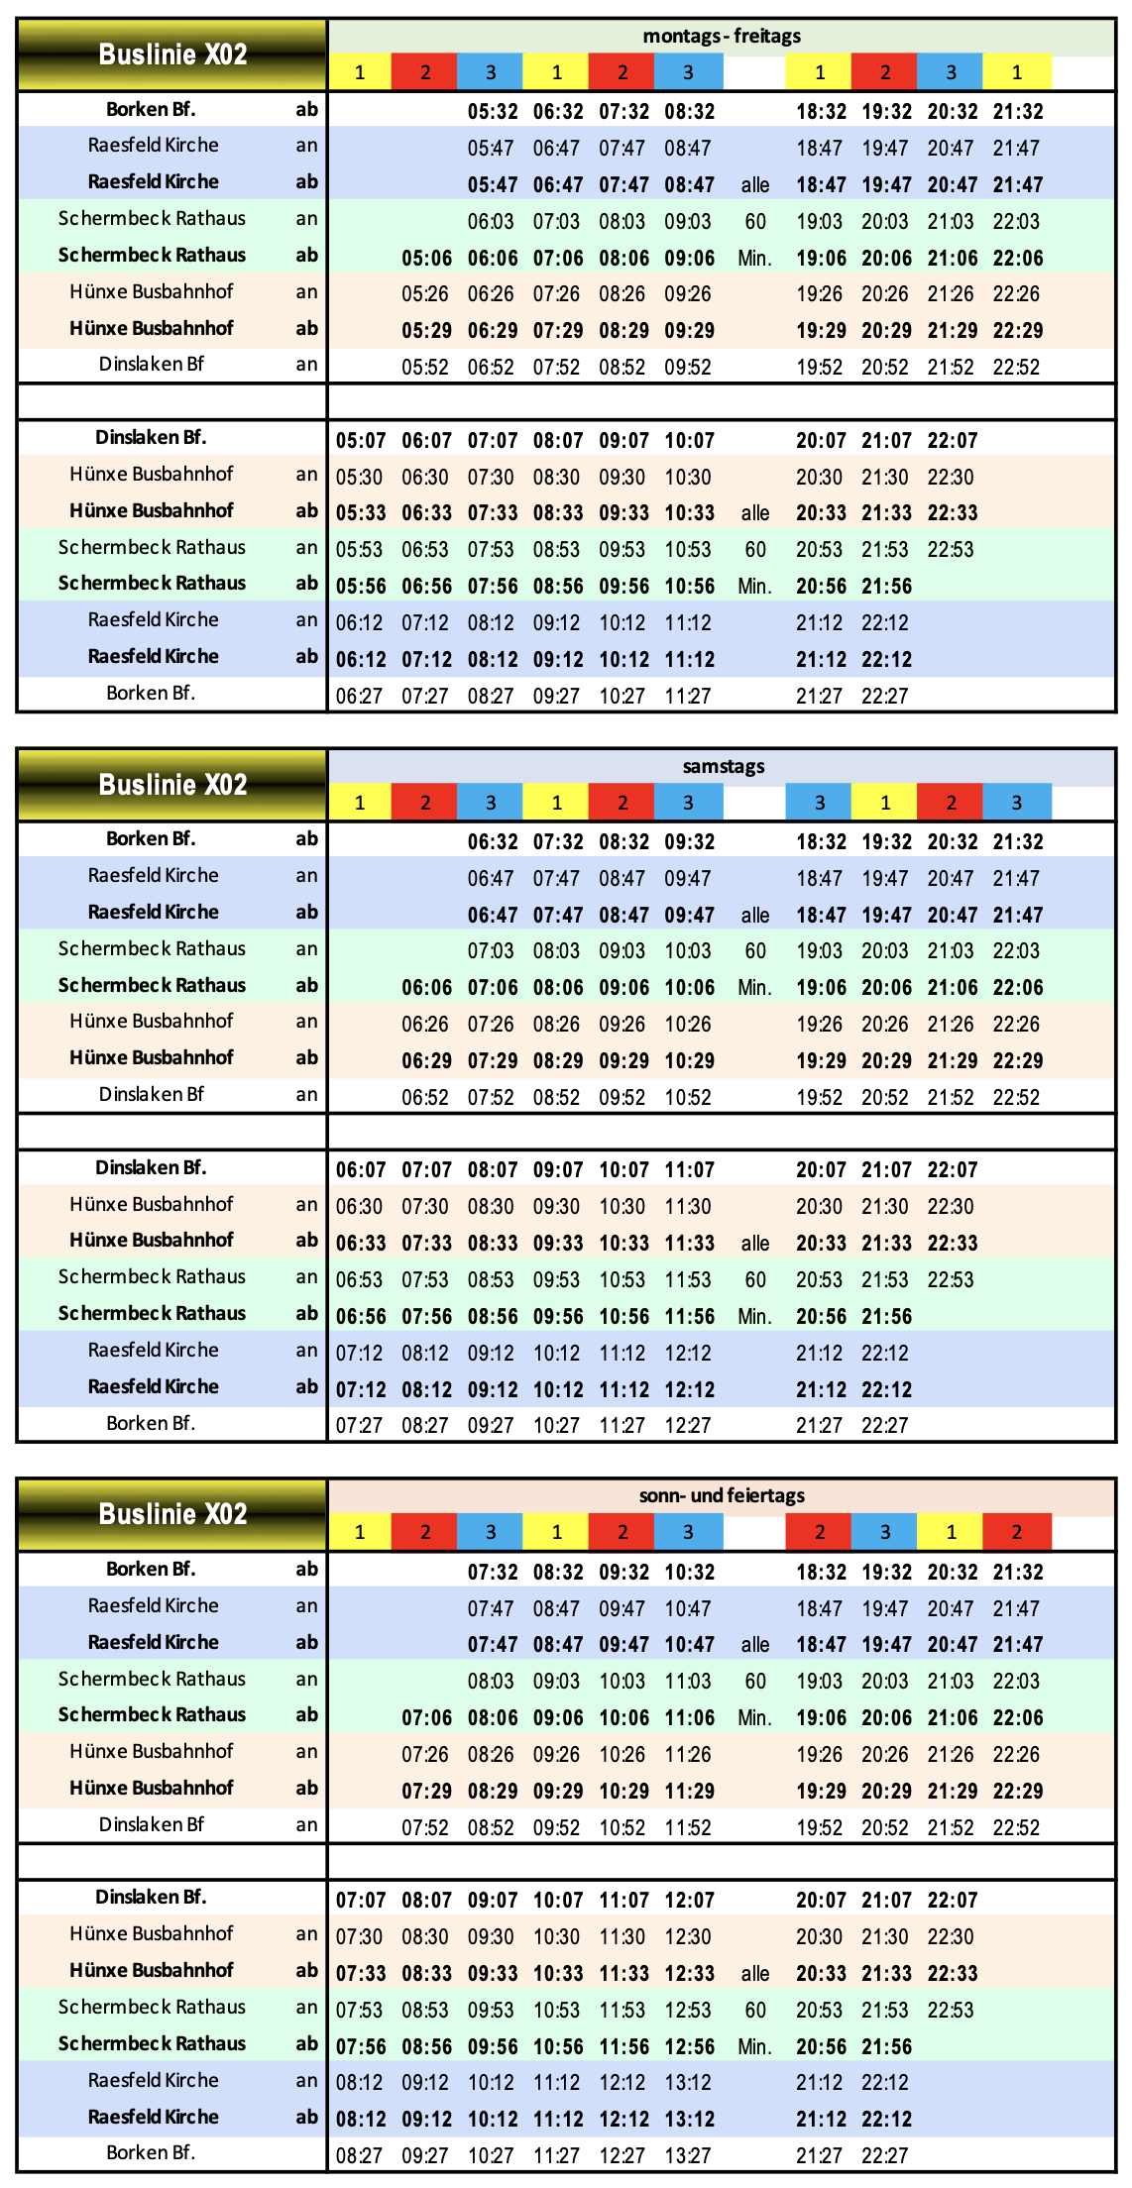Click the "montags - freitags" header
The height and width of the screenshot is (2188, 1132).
pos(722,37)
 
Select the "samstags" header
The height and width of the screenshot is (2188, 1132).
pos(723,766)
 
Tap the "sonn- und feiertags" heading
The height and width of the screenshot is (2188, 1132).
pos(722,1495)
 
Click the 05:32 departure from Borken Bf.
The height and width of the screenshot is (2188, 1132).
pos(493,112)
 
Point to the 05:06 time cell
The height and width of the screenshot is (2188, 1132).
pos(427,259)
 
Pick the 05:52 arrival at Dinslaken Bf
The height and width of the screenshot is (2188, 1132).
pos(425,368)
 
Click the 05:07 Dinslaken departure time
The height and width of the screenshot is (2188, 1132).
pos(361,441)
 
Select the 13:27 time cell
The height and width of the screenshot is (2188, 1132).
pos(688,2156)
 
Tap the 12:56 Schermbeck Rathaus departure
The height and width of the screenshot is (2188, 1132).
pos(689,2047)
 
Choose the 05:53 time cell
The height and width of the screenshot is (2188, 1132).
pos(359,550)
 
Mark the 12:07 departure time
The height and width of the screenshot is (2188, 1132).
pos(689,1901)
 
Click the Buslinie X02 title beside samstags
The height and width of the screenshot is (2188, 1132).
pos(172,785)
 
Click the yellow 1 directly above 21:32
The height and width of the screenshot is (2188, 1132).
pos(1016,72)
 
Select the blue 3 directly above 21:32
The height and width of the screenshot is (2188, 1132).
pos(1016,803)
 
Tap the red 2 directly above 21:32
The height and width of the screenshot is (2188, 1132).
pos(1016,1532)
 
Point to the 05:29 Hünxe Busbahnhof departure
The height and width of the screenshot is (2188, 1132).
pos(427,331)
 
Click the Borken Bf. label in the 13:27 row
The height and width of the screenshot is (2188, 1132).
pos(151,2153)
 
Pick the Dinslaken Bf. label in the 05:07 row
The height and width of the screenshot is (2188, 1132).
pos(151,438)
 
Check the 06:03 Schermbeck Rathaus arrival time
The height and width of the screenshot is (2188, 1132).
pos(491,222)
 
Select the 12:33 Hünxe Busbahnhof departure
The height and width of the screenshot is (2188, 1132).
pos(689,1974)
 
